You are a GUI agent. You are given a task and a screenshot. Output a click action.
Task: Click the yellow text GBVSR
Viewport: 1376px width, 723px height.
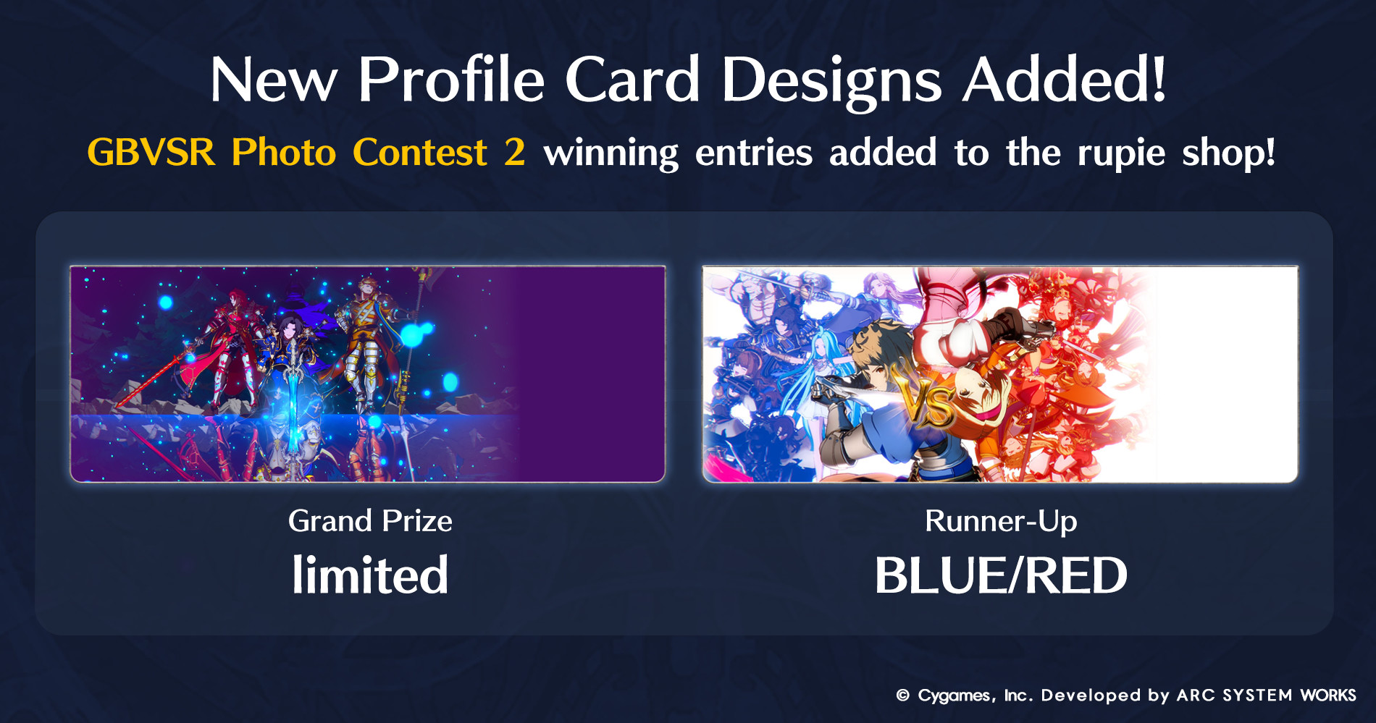pos(151,153)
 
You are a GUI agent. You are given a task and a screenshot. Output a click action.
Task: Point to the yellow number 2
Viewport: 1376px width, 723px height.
pos(515,153)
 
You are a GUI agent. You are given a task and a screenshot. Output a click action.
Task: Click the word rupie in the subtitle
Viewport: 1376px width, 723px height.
pos(1121,155)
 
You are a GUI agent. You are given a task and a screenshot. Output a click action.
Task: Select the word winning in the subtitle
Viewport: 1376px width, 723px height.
pos(611,155)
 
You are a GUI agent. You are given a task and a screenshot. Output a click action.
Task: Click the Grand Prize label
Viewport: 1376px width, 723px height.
pos(370,521)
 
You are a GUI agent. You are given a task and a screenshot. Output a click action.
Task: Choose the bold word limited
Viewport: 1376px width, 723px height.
pos(370,575)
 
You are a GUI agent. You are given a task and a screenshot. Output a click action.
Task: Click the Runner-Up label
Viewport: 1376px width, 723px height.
pos(1001,521)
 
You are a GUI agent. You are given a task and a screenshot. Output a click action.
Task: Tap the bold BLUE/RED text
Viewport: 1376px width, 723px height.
pos(1001,576)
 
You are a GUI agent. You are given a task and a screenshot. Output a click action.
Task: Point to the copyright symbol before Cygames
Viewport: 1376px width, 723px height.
pos(902,695)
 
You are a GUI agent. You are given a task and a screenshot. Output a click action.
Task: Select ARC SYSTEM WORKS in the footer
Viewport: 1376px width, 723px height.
pos(1267,695)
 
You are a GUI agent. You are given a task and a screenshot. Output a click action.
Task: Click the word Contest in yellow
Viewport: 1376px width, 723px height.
pos(420,153)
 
